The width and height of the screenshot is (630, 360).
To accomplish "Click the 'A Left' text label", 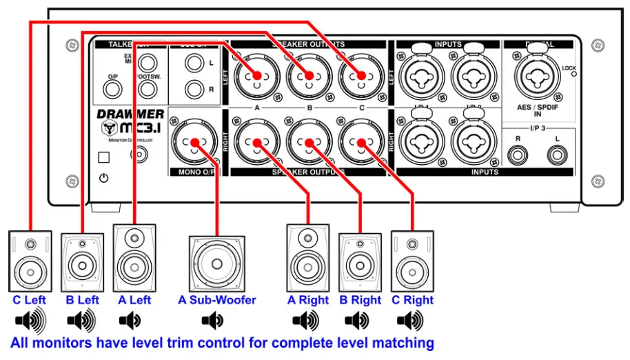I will (x=134, y=300).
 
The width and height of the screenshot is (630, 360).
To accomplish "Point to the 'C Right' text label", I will (x=412, y=300).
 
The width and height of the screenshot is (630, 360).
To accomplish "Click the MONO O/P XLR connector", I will (x=194, y=143).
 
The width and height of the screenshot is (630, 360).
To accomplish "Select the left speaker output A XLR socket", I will (x=256, y=75).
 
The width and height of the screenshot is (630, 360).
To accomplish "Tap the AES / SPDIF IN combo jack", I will (x=537, y=78).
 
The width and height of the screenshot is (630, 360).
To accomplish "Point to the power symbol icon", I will (x=103, y=178).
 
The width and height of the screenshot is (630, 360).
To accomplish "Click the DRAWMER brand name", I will (x=131, y=114).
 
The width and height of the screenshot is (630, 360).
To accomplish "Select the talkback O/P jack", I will (x=112, y=89).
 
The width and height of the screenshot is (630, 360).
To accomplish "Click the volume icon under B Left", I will (x=82, y=321).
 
